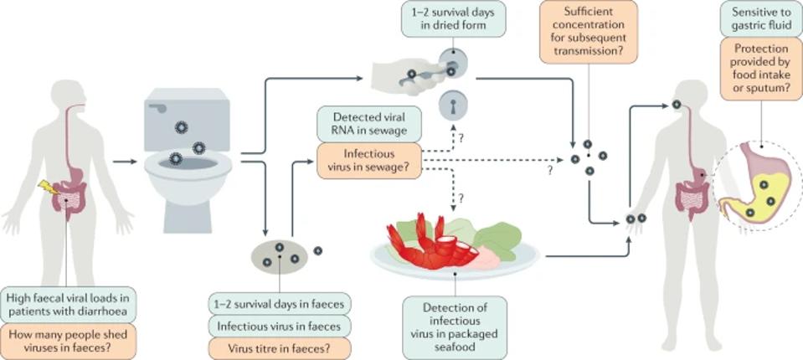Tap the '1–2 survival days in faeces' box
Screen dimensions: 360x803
coord(280,302)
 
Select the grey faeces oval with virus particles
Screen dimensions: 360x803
coord(281,257)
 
